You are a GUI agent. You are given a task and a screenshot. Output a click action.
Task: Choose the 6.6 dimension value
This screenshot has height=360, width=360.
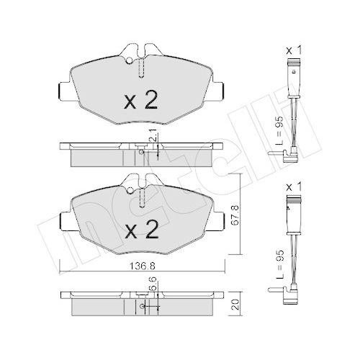(x=153, y=291)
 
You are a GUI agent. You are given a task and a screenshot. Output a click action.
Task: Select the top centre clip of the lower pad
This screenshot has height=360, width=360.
(x=140, y=184)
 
